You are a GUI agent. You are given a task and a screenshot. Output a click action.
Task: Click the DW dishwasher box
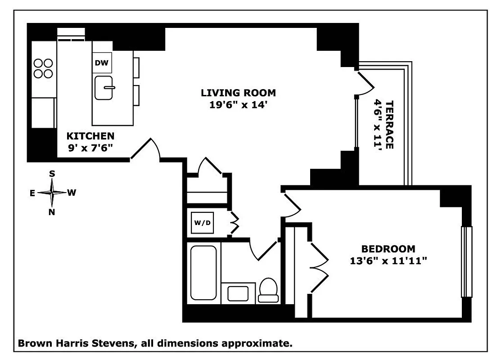click(102, 63)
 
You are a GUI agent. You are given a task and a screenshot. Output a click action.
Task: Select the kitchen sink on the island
click(104, 87)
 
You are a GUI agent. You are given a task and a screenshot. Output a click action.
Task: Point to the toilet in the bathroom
click(268, 290)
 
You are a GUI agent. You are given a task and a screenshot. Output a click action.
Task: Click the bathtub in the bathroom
click(203, 272)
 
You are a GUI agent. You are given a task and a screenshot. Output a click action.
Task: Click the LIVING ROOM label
click(238, 93)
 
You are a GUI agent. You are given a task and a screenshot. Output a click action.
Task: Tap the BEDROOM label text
click(388, 249)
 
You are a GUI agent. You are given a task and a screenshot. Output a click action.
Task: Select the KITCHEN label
click(90, 136)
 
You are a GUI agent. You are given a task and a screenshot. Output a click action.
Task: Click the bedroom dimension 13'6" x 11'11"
click(388, 260)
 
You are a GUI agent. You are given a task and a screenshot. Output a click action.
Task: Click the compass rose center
click(53, 193)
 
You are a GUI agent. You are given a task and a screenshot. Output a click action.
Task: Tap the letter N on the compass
click(52, 212)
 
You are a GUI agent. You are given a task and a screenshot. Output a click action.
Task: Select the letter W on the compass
click(71, 193)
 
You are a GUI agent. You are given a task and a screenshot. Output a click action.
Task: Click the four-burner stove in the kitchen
click(43, 68)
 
